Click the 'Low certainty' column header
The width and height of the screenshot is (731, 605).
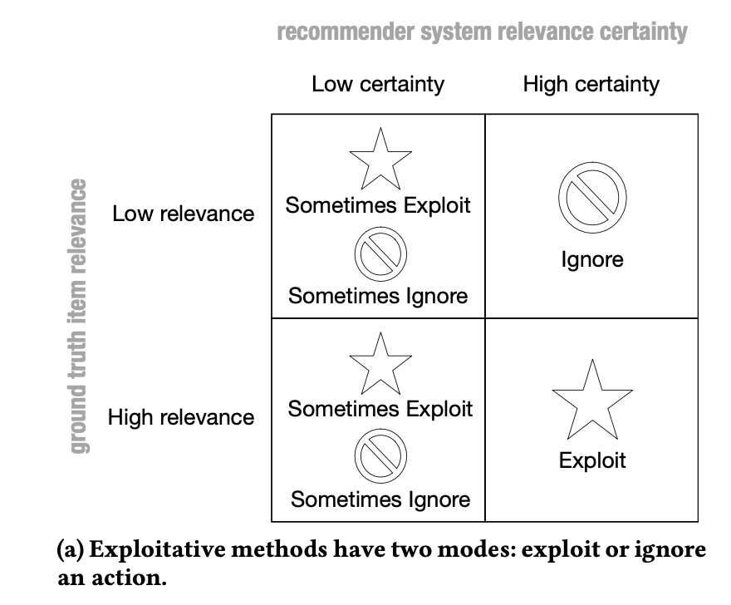[x=378, y=84]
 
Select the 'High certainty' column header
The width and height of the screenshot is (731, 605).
[x=591, y=84]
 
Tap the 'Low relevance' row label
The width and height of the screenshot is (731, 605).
[x=184, y=214]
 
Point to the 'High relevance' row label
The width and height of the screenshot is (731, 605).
[x=181, y=417]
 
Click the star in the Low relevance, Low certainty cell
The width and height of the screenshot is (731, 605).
[x=380, y=158]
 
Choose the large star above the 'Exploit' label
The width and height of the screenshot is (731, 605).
[x=591, y=401]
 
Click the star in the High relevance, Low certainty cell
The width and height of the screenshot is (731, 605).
[x=380, y=362]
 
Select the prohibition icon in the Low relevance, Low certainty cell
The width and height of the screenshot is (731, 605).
[x=380, y=253]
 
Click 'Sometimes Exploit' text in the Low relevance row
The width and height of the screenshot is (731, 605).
[x=378, y=205]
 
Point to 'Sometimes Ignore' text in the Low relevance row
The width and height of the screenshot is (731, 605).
[x=378, y=296]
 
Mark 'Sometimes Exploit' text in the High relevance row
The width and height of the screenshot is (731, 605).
[x=380, y=409]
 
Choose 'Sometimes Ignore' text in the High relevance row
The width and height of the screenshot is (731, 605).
[x=380, y=499]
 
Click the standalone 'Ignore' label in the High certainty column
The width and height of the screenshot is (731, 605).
[x=591, y=260]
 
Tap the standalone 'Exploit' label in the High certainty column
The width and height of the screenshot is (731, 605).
[x=591, y=460]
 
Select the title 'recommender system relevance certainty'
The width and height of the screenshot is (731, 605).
[x=482, y=32]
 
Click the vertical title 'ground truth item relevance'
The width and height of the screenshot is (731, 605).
[x=79, y=316]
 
